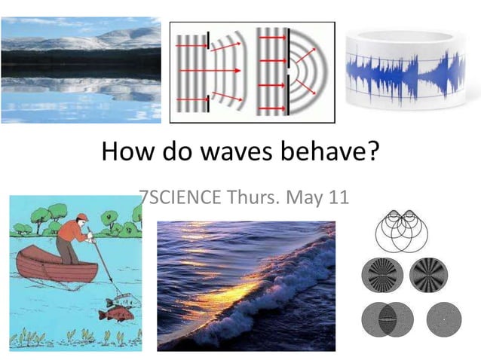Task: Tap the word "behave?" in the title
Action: click(x=332, y=153)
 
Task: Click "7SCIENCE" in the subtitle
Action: click(x=180, y=198)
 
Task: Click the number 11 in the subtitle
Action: click(x=336, y=198)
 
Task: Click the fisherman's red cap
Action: click(x=82, y=217)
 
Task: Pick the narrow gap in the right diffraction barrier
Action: click(x=288, y=71)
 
